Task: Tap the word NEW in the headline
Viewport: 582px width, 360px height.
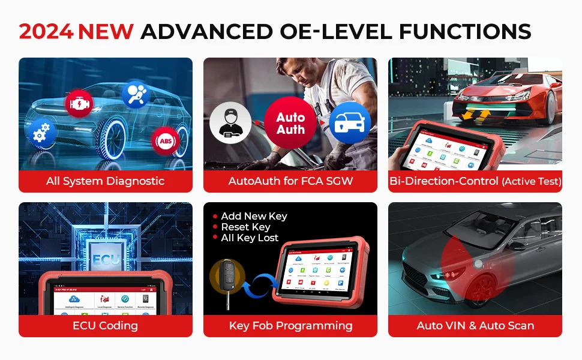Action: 106,31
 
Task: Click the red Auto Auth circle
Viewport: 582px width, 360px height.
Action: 290,122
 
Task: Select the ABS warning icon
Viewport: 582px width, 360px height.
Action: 165,142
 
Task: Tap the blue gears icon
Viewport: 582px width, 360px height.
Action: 42,133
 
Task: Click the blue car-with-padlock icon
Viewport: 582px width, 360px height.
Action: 350,122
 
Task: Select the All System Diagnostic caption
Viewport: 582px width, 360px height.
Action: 105,181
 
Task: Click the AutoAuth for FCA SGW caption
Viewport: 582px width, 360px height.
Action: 290,181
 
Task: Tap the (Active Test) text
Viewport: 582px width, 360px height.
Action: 532,181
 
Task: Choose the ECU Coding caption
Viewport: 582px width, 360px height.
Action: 105,326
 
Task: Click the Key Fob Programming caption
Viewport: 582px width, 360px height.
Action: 290,326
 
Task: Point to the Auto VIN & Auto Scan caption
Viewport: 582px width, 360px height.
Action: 475,326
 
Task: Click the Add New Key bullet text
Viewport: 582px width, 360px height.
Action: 254,216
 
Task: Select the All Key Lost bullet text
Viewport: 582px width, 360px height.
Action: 250,238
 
